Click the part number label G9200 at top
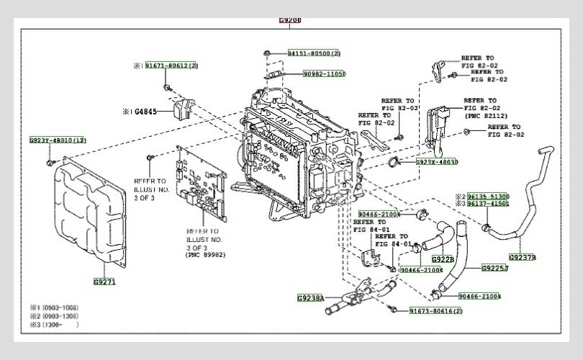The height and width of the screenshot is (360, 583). pos(290,20)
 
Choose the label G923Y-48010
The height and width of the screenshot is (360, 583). pos(58,140)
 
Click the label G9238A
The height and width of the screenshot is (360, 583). pos(311,297)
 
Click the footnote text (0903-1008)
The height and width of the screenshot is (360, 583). pos(58,308)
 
